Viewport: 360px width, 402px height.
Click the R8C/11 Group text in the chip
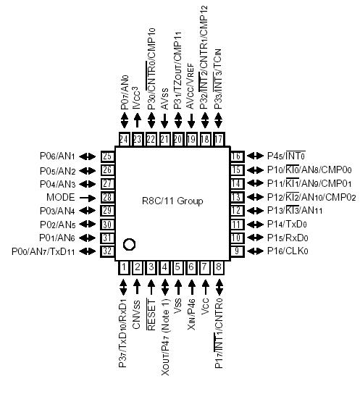click(172, 201)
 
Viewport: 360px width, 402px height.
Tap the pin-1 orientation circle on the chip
click(129, 244)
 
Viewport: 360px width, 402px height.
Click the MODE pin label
click(61, 197)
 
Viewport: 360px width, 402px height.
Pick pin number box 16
click(235, 156)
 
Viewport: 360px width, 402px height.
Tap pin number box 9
click(235, 251)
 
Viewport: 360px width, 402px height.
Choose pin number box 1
click(124, 268)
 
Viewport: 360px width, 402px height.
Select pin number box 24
click(124, 138)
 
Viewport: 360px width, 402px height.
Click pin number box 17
click(219, 138)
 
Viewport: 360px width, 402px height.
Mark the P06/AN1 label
click(57, 156)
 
